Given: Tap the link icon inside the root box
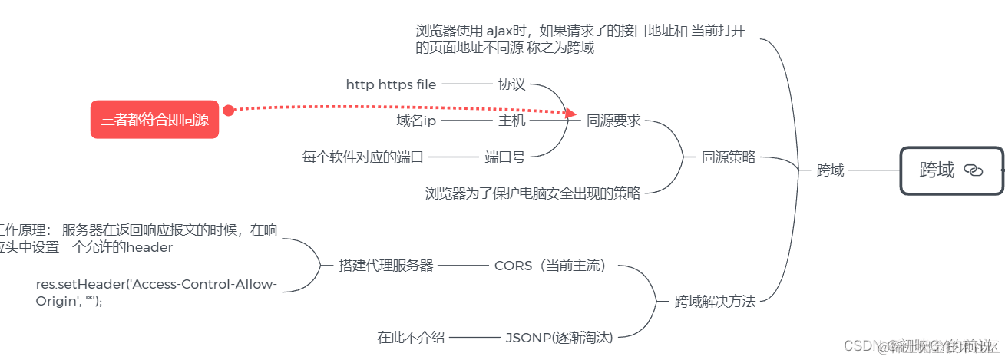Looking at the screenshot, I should (973, 170).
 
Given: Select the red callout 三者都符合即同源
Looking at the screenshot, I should (154, 120).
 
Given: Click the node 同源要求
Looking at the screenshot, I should (613, 121).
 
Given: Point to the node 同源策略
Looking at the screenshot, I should (729, 157).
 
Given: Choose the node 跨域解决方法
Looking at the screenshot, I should (715, 302).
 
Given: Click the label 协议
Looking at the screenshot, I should (511, 84).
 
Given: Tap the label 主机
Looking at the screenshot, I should (511, 121).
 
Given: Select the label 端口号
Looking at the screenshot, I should (504, 157).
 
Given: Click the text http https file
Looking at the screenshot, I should (391, 84).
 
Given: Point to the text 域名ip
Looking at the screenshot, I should (415, 121).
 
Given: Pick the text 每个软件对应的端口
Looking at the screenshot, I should (362, 157).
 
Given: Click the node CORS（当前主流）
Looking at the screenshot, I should (550, 266).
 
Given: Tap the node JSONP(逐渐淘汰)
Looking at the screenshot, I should (559, 337).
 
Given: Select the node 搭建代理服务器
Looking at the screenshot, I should (386, 266).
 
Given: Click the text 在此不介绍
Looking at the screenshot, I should (411, 337).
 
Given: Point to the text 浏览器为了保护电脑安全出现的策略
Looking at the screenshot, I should (532, 193).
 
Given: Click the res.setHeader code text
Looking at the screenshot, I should (156, 292).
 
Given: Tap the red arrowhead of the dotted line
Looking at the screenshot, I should (570, 114).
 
